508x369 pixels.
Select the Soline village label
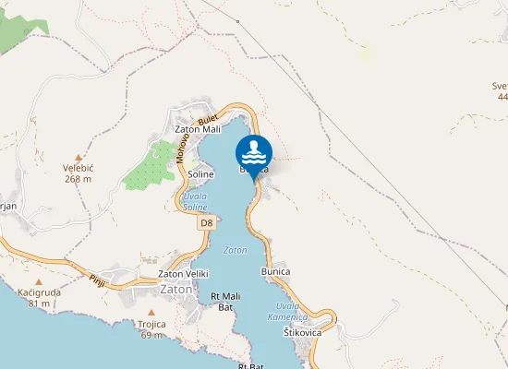pyautogui.click(x=200, y=173)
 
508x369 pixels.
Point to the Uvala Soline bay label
pyautogui.click(x=195, y=202)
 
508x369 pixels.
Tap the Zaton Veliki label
pyautogui.click(x=184, y=274)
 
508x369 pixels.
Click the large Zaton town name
pyautogui.click(x=176, y=289)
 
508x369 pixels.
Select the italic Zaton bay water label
pyautogui.click(x=235, y=250)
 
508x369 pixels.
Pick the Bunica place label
pyautogui.click(x=276, y=272)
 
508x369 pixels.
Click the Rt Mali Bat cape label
pyautogui.click(x=226, y=302)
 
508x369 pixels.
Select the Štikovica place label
pyautogui.click(x=303, y=332)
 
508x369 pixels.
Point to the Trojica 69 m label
pyautogui.click(x=151, y=329)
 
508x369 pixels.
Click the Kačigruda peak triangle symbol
pyautogui.click(x=39, y=280)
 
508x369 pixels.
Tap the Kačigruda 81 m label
pyautogui.click(x=39, y=297)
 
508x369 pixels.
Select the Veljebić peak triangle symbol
pyautogui.click(x=79, y=157)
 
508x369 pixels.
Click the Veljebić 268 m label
pyautogui.click(x=79, y=173)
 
